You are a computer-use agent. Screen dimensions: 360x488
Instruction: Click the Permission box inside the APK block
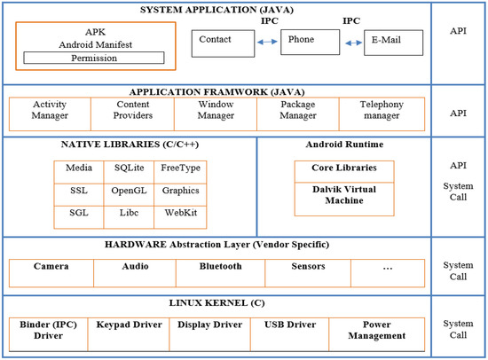point(93,58)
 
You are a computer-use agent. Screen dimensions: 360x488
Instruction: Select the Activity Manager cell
point(50,110)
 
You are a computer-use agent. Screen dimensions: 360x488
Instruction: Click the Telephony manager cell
point(382,110)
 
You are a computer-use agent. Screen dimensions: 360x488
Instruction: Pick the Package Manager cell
point(297,110)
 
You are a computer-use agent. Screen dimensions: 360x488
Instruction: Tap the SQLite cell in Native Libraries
point(129,168)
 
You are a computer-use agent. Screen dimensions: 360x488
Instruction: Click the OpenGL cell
point(129,191)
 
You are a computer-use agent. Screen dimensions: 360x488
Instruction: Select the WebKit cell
point(180,214)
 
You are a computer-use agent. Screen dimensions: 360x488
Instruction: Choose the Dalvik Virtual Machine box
point(343,195)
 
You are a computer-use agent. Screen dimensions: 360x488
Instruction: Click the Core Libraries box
point(343,168)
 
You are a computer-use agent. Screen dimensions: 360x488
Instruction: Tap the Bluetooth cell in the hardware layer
point(220,266)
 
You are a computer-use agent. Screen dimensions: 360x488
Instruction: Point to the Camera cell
point(51,266)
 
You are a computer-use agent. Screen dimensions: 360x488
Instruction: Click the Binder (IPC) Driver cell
point(48,330)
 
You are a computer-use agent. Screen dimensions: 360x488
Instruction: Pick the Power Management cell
point(377,330)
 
